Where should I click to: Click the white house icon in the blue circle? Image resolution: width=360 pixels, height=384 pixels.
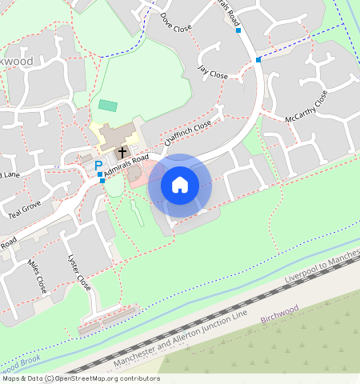(180, 185)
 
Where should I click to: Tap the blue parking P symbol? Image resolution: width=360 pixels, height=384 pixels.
(98, 165)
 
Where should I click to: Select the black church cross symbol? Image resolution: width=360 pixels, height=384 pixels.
(122, 151)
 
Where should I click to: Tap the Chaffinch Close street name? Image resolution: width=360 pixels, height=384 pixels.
(187, 133)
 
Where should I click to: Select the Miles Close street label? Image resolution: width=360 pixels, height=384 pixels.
(38, 275)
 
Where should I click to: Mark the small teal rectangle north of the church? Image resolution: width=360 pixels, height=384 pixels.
(107, 105)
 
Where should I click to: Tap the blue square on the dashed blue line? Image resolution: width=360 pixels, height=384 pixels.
(258, 59)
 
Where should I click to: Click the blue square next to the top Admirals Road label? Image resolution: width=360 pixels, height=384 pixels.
(238, 31)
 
